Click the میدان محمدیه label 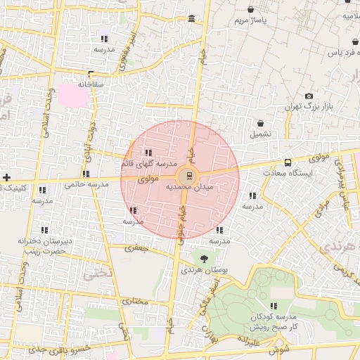coord(189,188)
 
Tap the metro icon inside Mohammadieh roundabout coord(188,176)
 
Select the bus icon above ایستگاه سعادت coord(288,162)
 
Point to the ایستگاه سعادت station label coord(288,172)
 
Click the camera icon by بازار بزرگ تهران coord(309,96)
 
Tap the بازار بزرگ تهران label coord(307,107)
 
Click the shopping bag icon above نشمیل coord(260,123)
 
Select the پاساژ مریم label coord(252,20)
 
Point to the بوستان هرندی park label coord(204,269)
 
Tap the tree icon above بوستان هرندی coord(204,259)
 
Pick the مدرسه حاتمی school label coord(86,184)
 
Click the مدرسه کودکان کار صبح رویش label coord(274,321)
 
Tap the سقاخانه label coord(91,84)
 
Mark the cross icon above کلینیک coord(6,177)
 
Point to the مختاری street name coord(136,301)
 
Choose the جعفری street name coord(138,247)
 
